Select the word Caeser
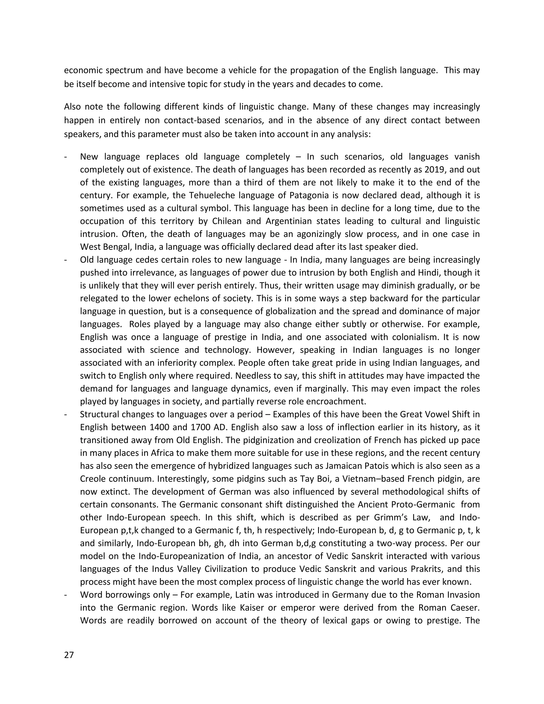tap(464, 608)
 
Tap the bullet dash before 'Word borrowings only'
tap(66, 595)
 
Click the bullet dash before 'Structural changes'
tap(66, 414)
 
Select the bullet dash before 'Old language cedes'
tap(66, 260)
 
